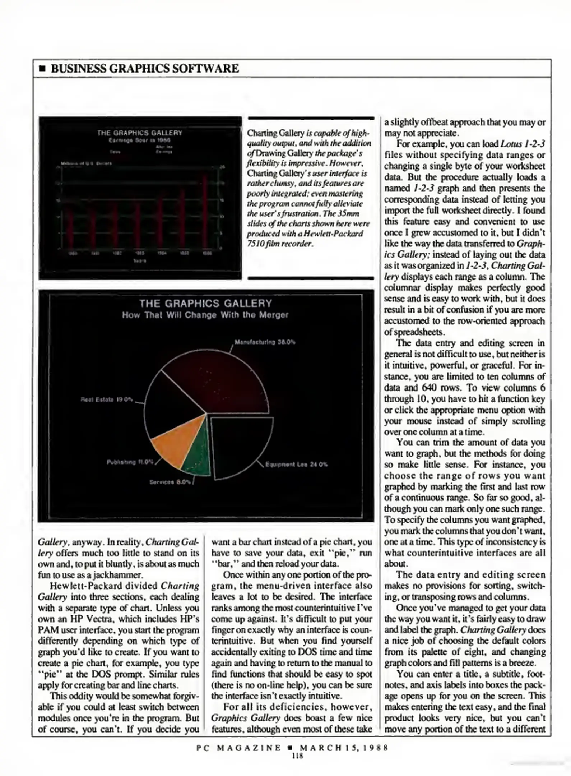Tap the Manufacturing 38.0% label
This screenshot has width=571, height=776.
pos(265,342)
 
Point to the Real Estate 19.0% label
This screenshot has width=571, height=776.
pos(107,399)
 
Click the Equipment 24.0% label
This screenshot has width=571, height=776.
pos(296,464)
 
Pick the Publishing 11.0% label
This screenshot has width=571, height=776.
pos(130,462)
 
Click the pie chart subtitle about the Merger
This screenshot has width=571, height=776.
pos(205,315)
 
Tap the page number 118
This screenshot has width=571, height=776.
pos(298,756)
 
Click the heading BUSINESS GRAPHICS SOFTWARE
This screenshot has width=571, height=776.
pos(145,68)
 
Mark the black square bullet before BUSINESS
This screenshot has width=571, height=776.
pos(42,69)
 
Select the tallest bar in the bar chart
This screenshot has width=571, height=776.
pos(205,212)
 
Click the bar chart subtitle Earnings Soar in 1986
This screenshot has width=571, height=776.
pos(140,140)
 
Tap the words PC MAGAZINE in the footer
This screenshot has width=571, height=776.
pos(239,748)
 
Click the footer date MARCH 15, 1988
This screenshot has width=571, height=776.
pos(344,748)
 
